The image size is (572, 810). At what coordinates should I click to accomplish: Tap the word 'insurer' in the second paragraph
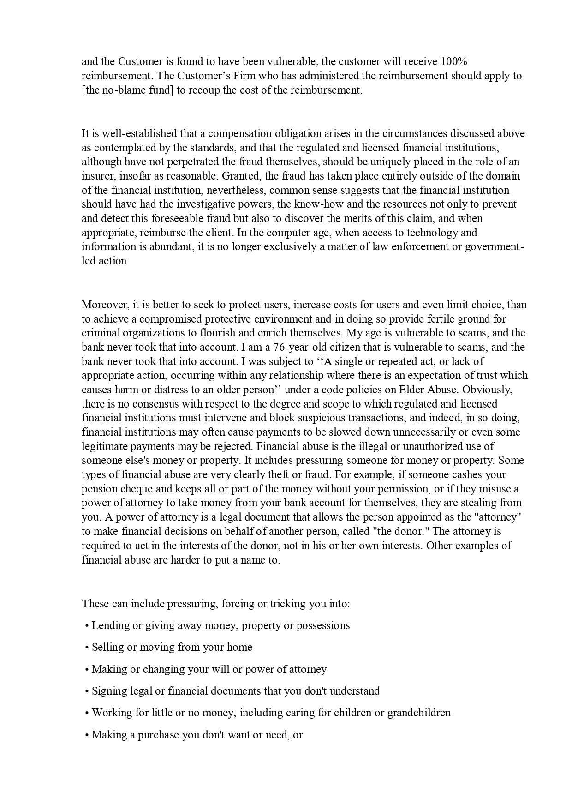click(x=96, y=176)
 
